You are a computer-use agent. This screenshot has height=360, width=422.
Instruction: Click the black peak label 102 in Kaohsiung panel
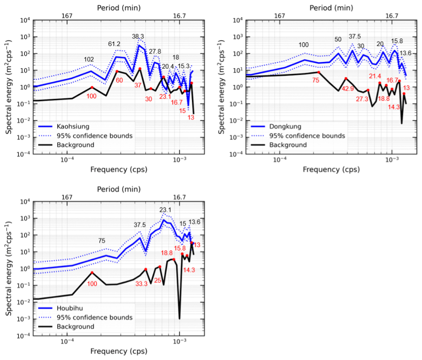click(89, 60)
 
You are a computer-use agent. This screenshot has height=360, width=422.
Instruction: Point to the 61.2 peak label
click(114, 44)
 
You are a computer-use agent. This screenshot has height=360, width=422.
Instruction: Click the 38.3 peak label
click(138, 36)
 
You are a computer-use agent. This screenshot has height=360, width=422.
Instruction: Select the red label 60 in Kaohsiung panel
click(119, 80)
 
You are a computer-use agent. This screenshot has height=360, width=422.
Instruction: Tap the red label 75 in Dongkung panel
click(316, 81)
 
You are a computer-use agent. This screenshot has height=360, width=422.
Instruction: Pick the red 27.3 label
click(363, 99)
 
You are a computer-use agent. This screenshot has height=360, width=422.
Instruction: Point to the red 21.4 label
click(375, 76)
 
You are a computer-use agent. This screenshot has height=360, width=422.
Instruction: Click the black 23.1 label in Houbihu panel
click(165, 210)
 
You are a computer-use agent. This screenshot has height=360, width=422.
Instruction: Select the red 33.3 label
click(142, 283)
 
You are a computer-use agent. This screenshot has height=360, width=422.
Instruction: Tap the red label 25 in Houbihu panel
click(157, 280)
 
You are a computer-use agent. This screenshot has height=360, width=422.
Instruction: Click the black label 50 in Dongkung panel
click(338, 39)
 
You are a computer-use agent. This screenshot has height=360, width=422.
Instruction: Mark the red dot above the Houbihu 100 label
click(92, 273)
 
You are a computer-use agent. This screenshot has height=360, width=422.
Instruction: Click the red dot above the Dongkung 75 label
click(319, 72)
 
